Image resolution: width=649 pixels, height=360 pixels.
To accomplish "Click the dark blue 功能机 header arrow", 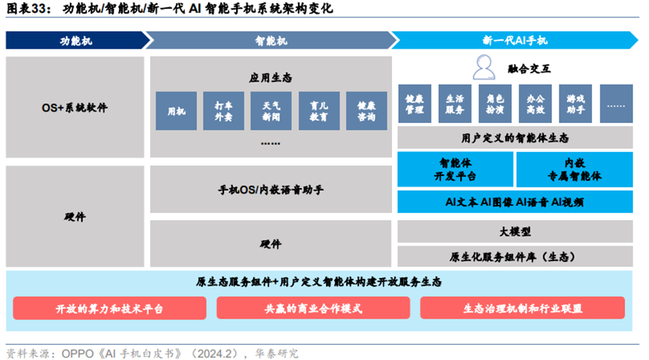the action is pyautogui.click(x=77, y=40).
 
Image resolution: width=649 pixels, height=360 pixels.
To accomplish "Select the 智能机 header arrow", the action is pyautogui.click(x=271, y=40).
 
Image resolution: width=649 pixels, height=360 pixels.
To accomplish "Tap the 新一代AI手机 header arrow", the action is pyautogui.click(x=514, y=40).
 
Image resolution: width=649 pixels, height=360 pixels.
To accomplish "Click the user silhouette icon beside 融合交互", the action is pyautogui.click(x=484, y=67).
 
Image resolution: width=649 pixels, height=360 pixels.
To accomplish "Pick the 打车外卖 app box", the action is pyautogui.click(x=223, y=111).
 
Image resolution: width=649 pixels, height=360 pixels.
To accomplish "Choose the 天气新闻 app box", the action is pyautogui.click(x=271, y=111).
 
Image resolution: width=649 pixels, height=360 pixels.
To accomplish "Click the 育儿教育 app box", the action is pyautogui.click(x=319, y=111).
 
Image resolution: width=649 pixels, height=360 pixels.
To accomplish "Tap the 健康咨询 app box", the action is pyautogui.click(x=367, y=111).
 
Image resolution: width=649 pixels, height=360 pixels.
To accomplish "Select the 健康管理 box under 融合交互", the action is pyautogui.click(x=415, y=104).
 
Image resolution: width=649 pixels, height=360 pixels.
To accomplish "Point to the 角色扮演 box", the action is pyautogui.click(x=495, y=104).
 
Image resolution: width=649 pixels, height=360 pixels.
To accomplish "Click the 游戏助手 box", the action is pyautogui.click(x=576, y=104).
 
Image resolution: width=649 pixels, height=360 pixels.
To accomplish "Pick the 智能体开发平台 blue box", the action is pyautogui.click(x=455, y=170).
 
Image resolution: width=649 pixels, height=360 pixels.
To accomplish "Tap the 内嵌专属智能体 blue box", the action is pyautogui.click(x=575, y=170).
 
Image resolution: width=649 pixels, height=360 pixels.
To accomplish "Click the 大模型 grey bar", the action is pyautogui.click(x=515, y=231).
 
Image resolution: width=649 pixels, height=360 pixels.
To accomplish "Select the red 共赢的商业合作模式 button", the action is pyautogui.click(x=313, y=308).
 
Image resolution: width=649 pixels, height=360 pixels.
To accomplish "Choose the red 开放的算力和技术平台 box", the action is pyautogui.click(x=110, y=308).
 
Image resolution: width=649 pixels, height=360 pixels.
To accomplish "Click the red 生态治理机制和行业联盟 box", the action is pyautogui.click(x=523, y=308).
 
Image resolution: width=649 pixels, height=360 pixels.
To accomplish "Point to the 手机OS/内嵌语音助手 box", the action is pyautogui.click(x=271, y=190).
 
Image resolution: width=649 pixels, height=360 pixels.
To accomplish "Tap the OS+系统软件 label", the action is pyautogui.click(x=74, y=108).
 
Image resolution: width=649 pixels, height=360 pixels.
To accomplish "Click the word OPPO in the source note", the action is pyautogui.click(x=78, y=353).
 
